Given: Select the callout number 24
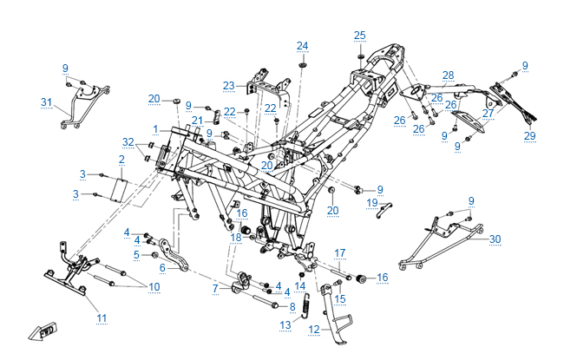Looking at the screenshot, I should pos(302,45).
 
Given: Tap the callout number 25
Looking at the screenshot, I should pos(360,35).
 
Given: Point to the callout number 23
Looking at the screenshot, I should pos(228,85).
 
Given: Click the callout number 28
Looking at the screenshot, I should pos(448,75).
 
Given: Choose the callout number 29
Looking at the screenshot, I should pos(529,136).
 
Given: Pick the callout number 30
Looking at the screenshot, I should pos(495,239).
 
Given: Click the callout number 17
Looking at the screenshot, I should pos(340,253).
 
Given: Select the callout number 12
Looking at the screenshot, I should pos(314,330).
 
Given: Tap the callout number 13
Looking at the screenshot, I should pos(285,324).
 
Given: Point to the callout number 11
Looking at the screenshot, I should pos(102,318).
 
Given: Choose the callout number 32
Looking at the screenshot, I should pos(128,141).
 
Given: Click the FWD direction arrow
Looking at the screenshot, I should pos(40,331).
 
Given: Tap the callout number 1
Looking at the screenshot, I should pos(154,129).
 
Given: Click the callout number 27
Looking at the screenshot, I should pos(489,112).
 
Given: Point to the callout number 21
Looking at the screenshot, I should pos(197,120).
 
